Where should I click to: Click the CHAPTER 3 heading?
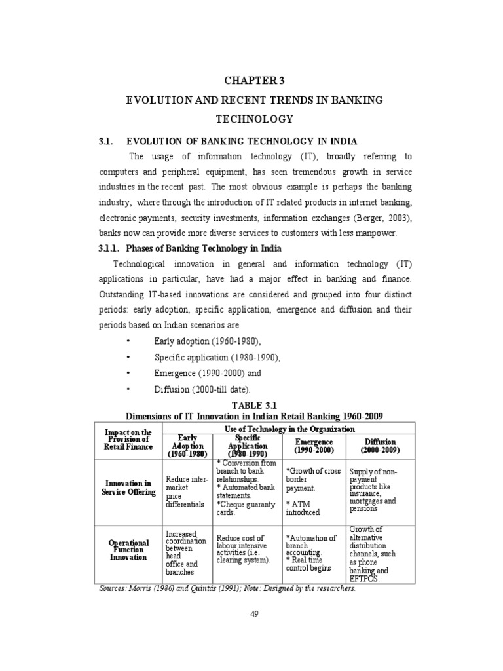pyautogui.click(x=251, y=81)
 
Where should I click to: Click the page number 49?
pyautogui.click(x=255, y=613)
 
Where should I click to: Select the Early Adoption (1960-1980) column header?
pyautogui.click(x=188, y=446)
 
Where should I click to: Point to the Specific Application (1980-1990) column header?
pyautogui.click(x=247, y=446)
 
